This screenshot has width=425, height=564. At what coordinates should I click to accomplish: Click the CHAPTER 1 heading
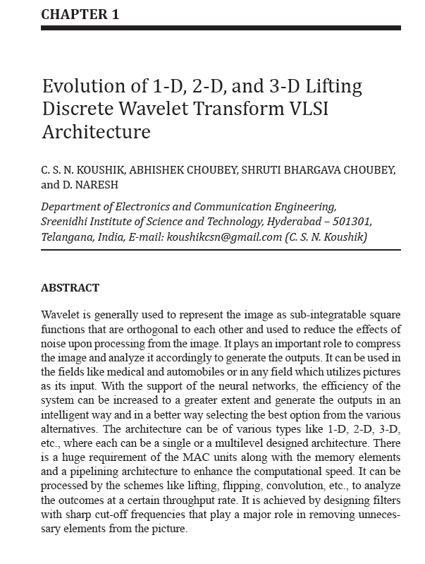click(79, 13)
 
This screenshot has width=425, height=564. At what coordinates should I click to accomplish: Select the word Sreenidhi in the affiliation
click(69, 222)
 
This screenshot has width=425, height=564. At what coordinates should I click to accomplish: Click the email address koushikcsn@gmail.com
click(224, 237)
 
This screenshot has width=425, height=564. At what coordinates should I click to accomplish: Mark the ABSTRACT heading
click(70, 288)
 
